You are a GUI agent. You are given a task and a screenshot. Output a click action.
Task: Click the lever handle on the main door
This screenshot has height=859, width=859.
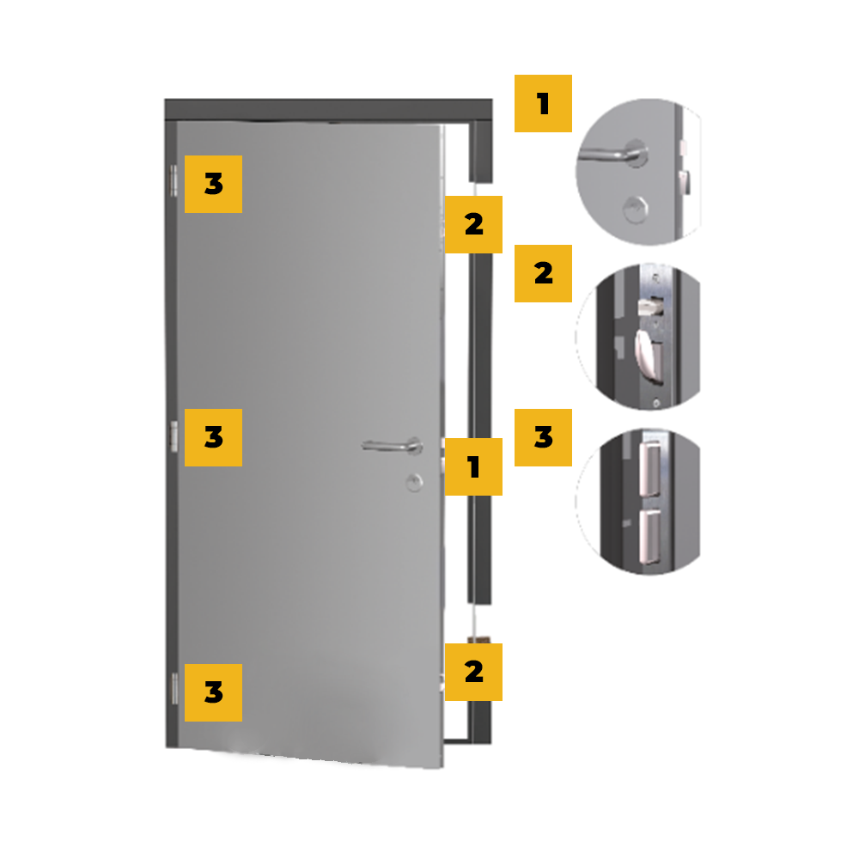coord(393,446)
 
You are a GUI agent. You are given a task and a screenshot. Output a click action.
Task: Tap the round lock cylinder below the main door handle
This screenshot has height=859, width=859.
coord(414,482)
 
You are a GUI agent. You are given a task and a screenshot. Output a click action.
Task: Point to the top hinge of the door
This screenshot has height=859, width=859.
coord(174,180)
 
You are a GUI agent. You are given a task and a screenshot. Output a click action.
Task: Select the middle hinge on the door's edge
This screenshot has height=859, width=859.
coord(174,436)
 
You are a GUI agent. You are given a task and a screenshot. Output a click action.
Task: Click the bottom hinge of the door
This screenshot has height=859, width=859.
coord(174,688)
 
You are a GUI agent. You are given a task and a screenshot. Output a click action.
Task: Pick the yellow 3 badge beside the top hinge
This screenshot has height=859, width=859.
coord(213,184)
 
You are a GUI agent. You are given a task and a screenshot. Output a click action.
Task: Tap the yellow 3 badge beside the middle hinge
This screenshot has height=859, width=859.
coord(213,437)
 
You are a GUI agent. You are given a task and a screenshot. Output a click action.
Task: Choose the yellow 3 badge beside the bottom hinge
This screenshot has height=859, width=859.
coord(213,692)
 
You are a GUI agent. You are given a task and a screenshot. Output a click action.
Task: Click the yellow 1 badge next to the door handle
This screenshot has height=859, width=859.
coord(473,466)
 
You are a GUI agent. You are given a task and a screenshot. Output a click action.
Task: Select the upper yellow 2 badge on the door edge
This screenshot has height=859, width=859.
coord(473,224)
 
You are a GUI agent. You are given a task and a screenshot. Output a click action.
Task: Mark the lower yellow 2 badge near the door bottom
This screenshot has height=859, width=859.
coord(473,673)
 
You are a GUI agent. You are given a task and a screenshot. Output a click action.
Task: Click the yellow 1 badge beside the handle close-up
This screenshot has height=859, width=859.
coord(543,104)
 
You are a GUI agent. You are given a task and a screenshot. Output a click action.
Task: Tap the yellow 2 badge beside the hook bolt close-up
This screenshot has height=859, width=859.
coord(543,273)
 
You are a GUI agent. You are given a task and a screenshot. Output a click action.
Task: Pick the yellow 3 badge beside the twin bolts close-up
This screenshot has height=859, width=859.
coord(543,437)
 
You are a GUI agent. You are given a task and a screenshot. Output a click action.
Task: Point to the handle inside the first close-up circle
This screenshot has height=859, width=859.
coord(613,154)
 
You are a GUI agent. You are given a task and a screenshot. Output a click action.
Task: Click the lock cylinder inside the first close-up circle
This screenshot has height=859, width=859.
coord(636,209)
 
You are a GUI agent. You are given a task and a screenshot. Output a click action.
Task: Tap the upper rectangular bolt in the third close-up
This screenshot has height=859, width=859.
coord(649,469)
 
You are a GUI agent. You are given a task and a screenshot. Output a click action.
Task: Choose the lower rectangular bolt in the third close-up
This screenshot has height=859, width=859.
coord(649,536)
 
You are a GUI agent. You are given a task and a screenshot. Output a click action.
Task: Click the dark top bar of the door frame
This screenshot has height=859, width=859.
coord(328,110)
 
